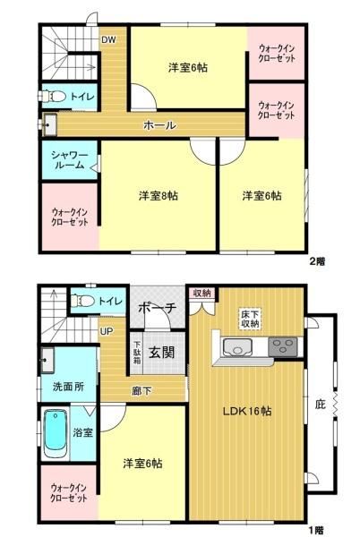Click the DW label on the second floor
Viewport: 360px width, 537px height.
point(108,39)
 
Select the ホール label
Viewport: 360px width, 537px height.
point(159,125)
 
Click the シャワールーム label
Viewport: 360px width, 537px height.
point(70,160)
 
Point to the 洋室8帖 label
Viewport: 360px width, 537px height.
point(159,196)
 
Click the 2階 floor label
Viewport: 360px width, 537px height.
point(317,261)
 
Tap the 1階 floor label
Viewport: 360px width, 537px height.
point(316,531)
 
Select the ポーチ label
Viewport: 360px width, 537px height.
point(158,308)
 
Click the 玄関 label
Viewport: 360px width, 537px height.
point(162,352)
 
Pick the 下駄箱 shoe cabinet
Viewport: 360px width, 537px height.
point(137,353)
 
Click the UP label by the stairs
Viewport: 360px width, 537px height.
point(107,331)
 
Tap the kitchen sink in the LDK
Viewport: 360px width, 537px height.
point(237,347)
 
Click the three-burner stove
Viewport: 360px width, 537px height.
point(283,346)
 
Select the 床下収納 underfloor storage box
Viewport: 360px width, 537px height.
point(250,319)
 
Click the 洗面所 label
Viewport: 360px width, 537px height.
point(68,387)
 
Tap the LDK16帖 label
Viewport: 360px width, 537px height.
point(247,411)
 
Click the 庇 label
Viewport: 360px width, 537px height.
point(321,405)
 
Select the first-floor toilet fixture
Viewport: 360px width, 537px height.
point(82,301)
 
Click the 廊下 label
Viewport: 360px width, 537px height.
point(141,391)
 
